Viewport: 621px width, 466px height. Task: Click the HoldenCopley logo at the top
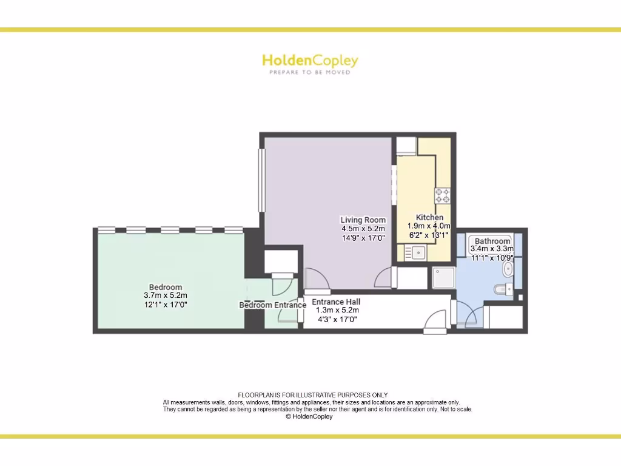coord(310,61)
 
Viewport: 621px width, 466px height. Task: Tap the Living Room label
coord(363,220)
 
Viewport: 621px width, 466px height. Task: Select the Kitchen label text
coord(429,217)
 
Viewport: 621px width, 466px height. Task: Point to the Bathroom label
coord(492,241)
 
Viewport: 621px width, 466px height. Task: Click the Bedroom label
coord(166,287)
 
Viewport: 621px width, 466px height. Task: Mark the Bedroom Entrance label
coord(272,305)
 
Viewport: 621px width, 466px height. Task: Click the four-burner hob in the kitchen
coord(443,195)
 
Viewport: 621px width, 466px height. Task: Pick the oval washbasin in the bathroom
coord(508,269)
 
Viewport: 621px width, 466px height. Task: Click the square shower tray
coord(443,278)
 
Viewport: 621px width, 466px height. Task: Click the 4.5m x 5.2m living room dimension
coord(363,229)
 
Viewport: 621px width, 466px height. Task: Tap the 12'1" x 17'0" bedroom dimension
coord(166,305)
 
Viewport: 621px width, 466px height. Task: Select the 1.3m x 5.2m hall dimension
coord(337,310)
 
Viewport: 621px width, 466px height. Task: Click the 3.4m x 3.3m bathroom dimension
coord(492,249)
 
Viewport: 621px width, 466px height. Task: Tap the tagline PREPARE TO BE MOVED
coord(310,72)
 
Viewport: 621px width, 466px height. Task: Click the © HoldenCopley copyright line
coord(309,417)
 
